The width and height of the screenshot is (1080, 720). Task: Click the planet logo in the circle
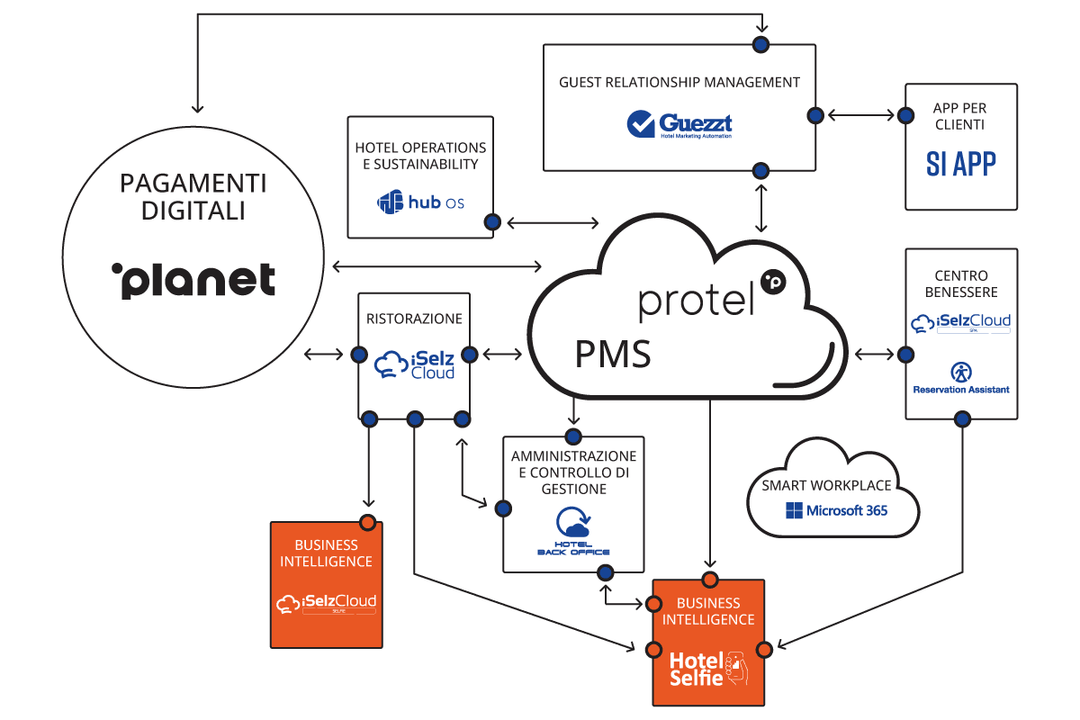pos(193,280)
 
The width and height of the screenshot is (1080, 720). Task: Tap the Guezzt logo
pos(679,124)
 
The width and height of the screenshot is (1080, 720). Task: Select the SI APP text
pos(961,164)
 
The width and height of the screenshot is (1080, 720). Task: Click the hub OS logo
pos(420,202)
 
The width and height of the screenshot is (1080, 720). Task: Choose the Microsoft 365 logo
pos(836,510)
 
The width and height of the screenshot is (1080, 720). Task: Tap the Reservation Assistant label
pos(961,389)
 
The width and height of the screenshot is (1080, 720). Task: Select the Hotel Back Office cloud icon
pos(572,524)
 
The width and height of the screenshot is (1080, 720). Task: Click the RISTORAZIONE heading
pos(414,319)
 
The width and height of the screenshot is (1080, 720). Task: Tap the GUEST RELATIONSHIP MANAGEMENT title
pos(679,82)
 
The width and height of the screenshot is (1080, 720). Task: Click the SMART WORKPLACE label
pos(832,485)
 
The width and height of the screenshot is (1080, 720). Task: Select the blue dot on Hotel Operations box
pos(492,221)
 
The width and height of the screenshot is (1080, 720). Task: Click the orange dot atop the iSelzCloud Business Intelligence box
pos(367,522)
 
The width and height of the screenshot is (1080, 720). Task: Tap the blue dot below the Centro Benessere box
pos(962,418)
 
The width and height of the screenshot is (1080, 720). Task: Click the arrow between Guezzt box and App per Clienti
pos(860,115)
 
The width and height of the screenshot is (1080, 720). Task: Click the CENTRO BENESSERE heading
pos(961,283)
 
